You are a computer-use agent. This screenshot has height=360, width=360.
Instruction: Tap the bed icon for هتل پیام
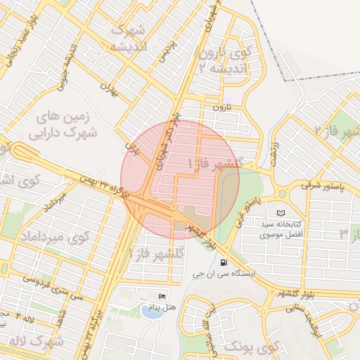(163, 296)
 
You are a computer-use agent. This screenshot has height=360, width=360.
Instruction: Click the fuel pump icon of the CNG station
(224, 263)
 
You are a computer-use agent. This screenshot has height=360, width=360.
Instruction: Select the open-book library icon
(281, 212)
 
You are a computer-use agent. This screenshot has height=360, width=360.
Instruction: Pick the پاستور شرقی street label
(320, 186)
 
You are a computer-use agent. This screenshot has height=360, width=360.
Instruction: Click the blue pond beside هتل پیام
(151, 309)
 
